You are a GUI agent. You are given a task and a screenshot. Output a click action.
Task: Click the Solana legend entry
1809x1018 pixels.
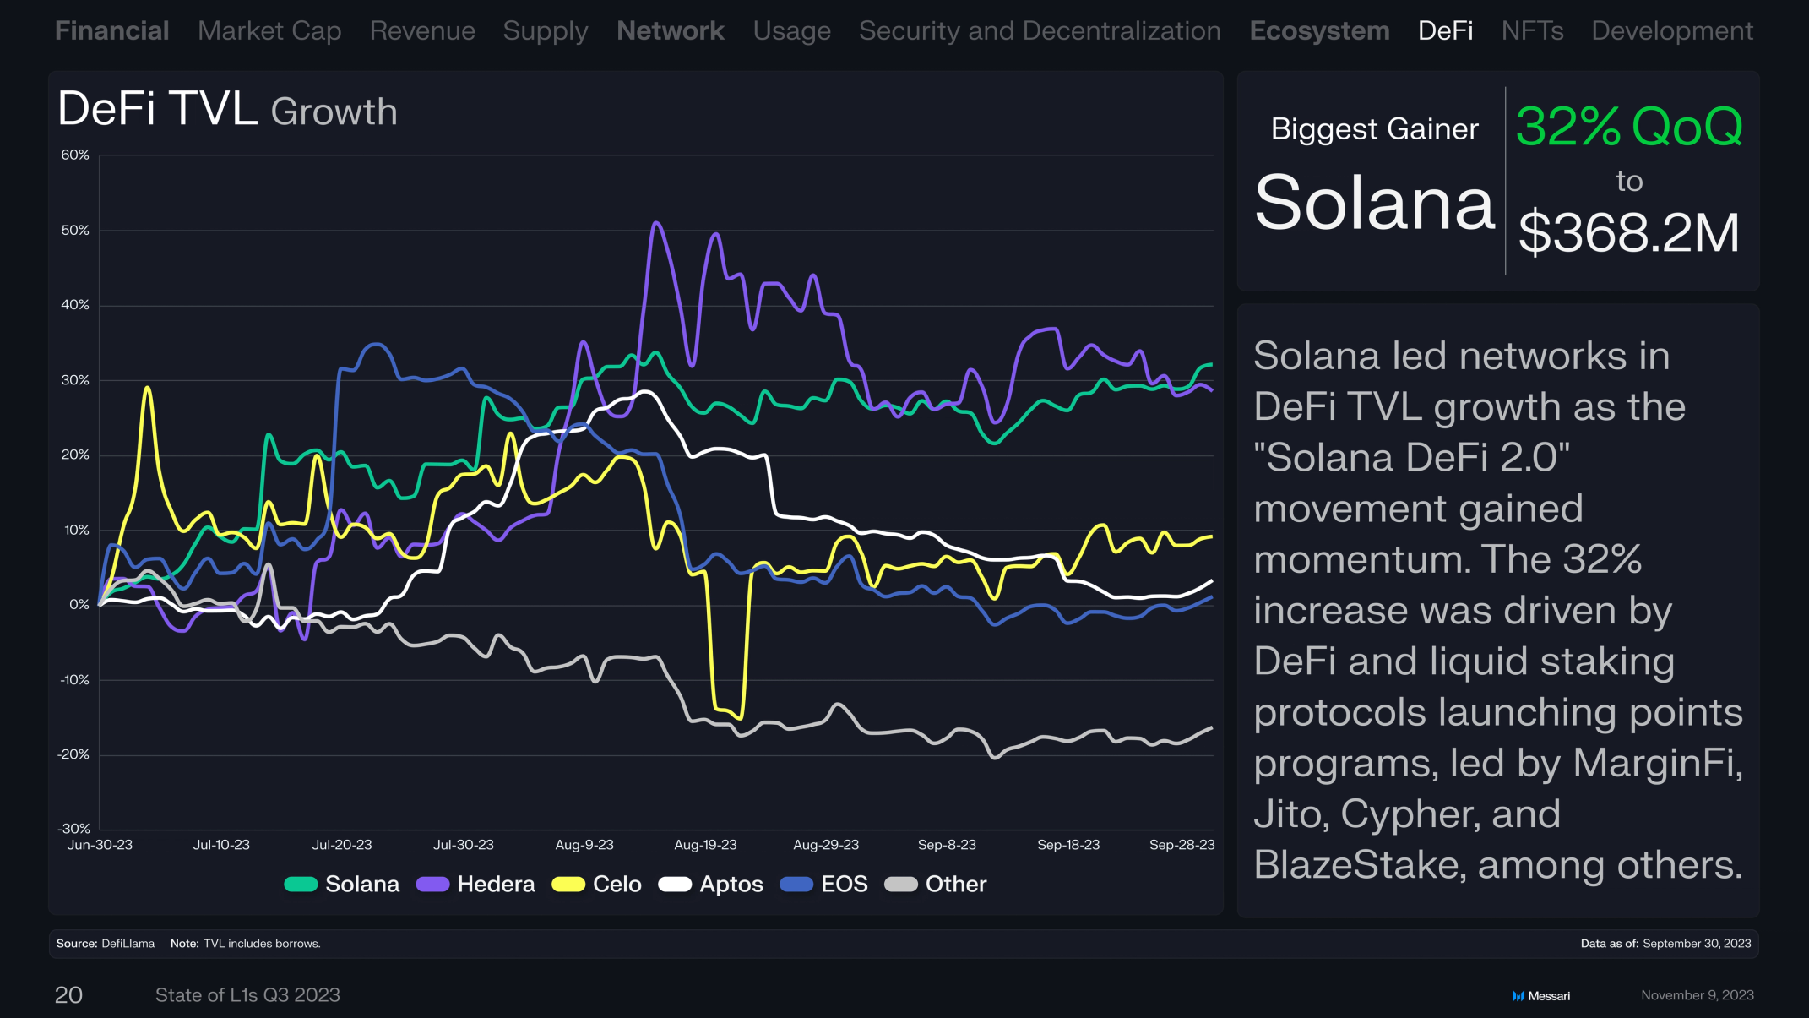coord(342,884)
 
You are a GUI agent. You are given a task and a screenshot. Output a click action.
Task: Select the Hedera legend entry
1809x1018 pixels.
coord(475,884)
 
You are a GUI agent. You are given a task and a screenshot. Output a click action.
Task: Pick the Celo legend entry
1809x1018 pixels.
coord(596,884)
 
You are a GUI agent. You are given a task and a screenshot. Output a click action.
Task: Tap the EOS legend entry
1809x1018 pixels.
coord(823,884)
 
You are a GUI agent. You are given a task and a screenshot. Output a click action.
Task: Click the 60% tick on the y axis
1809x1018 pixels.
coord(75,155)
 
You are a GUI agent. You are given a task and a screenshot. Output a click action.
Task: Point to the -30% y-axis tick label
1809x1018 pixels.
coord(73,829)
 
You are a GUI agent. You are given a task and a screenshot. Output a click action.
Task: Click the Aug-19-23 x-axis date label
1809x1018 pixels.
coord(705,845)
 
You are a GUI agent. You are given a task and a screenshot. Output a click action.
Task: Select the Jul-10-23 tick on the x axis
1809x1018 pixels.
coord(221,845)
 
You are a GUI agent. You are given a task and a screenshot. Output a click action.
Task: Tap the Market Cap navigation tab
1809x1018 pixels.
coord(269,31)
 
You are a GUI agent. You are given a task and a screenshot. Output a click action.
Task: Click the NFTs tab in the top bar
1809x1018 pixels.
coord(1532,31)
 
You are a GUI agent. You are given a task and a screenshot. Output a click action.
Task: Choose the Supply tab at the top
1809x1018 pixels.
coord(546,31)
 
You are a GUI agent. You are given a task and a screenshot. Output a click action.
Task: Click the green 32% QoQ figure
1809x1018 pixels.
coord(1629,127)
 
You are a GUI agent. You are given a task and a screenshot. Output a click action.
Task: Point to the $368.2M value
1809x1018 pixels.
coord(1629,232)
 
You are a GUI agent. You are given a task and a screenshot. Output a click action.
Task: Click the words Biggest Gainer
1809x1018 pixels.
coord(1375,129)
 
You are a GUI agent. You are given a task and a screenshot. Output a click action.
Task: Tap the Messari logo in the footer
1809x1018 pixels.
coord(1540,996)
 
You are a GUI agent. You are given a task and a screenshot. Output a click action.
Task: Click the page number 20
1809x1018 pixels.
coord(68,995)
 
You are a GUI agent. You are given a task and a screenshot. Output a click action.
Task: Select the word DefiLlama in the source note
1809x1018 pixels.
coord(128,944)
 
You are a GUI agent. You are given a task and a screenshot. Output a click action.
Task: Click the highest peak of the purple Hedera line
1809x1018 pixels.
coord(656,223)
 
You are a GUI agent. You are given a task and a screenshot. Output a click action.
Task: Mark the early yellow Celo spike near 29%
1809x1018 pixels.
coord(148,388)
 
